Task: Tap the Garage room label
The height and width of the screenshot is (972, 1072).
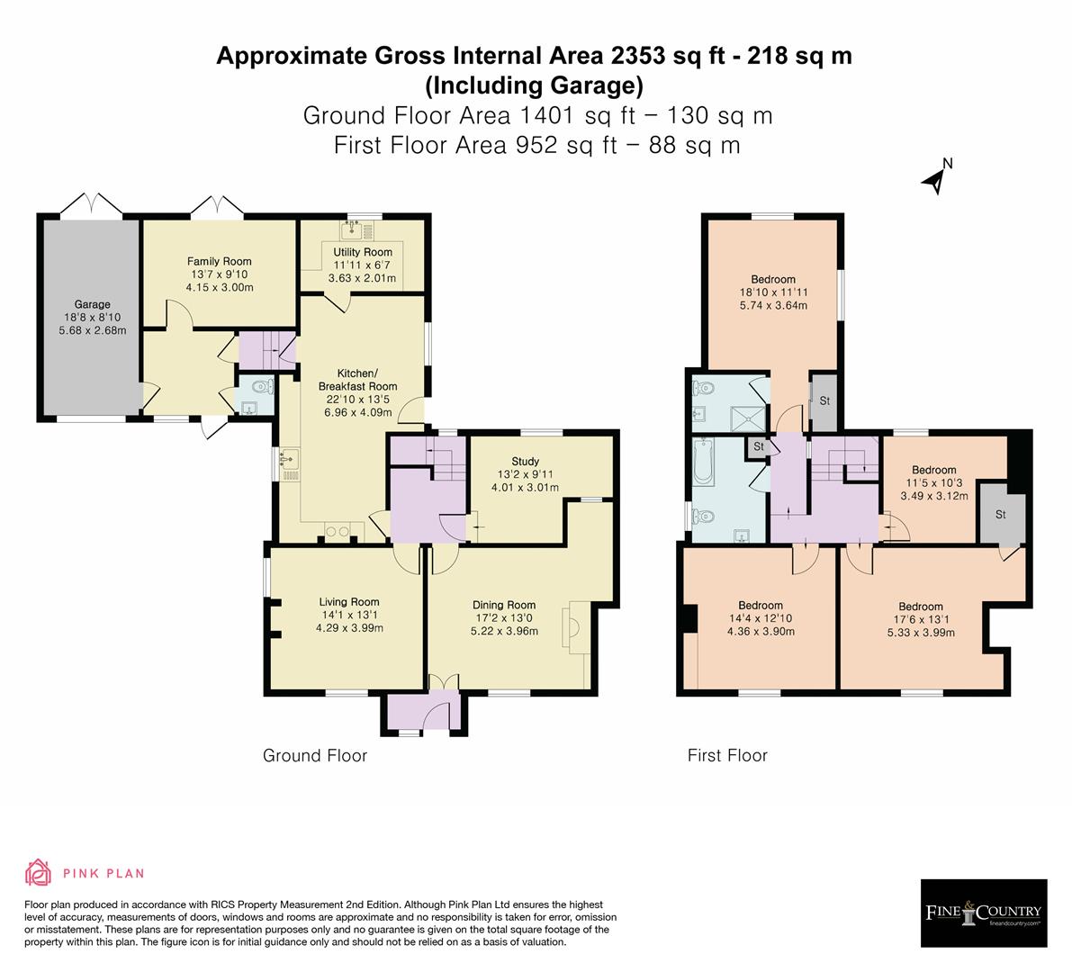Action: coord(92,304)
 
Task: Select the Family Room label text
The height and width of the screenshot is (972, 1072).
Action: coord(220,262)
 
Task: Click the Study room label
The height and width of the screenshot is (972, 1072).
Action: coord(525,462)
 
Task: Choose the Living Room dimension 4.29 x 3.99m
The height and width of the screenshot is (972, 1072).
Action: coord(349,628)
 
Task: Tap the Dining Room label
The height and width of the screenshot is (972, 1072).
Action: coord(504,606)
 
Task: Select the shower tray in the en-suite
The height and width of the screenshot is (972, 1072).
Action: coord(743,415)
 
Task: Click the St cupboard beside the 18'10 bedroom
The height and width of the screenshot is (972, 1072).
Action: coord(824,400)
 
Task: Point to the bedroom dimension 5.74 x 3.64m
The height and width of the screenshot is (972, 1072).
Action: coord(773,305)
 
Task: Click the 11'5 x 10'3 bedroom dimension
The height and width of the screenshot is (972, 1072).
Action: coord(933,483)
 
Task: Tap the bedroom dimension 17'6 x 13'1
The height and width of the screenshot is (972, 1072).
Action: coord(920,619)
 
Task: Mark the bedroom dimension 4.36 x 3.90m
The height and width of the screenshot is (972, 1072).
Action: coord(761,632)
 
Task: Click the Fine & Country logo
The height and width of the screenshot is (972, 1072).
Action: coord(984,913)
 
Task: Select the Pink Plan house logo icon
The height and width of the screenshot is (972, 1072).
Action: coord(39,872)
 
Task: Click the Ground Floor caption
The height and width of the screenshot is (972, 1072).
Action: coord(315,756)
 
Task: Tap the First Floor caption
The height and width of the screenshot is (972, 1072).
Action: coord(727,756)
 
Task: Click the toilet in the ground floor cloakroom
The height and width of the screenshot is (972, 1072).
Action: coord(260,389)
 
